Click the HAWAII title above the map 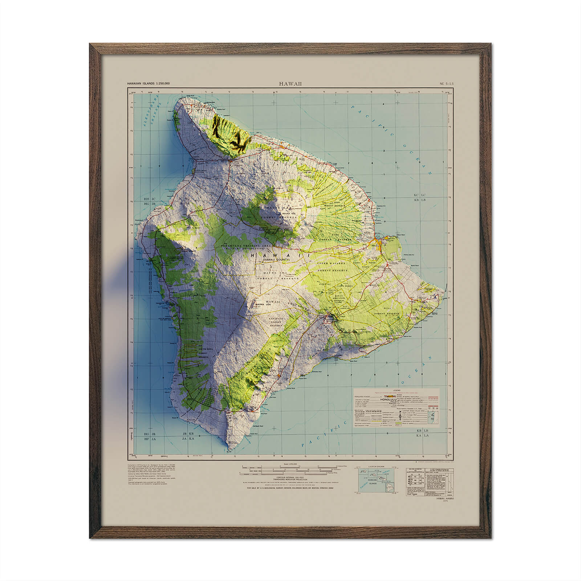pyautogui.click(x=290, y=84)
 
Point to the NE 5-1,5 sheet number pyautogui.click(x=446, y=84)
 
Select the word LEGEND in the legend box pyautogui.click(x=397, y=391)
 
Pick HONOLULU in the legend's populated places pyautogui.click(x=389, y=399)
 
